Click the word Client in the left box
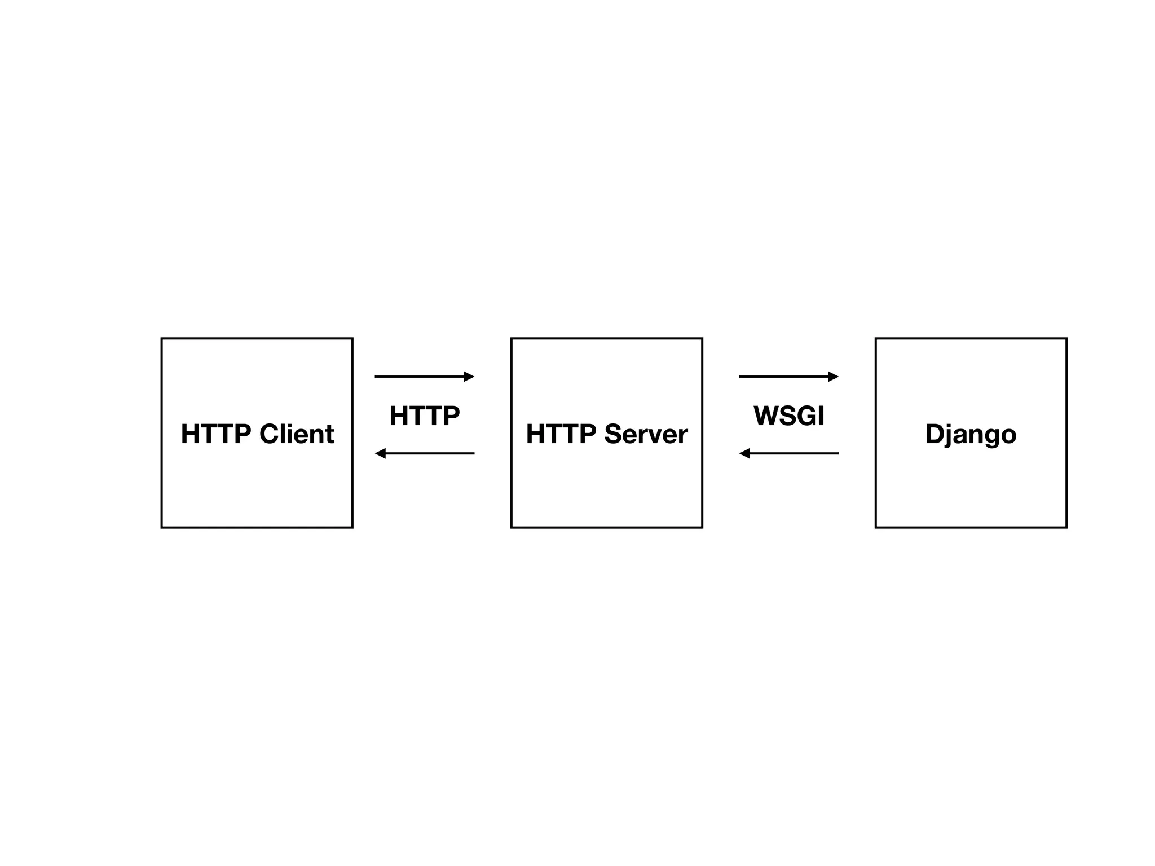click(297, 434)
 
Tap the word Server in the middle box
click(646, 434)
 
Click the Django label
click(971, 434)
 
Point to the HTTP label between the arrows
click(425, 416)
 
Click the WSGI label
click(789, 416)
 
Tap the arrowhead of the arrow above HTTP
click(469, 377)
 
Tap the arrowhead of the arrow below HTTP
click(381, 453)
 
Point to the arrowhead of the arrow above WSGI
click(834, 377)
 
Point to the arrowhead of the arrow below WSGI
click(745, 453)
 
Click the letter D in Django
click(935, 434)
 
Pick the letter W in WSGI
click(766, 416)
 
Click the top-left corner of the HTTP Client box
click(162, 339)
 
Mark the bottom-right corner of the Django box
click(1066, 527)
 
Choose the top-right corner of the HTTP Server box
click(702, 339)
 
